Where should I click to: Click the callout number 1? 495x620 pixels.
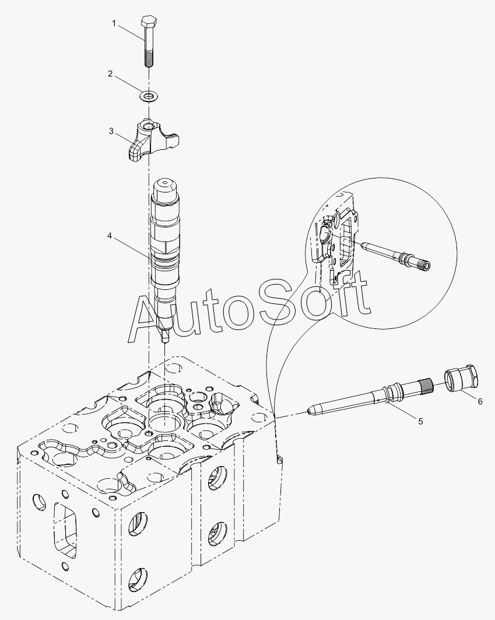[114, 24]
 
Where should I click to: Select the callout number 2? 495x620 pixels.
[110, 73]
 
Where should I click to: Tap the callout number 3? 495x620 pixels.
[111, 131]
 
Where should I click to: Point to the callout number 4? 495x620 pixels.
[110, 236]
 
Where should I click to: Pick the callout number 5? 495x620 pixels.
[421, 422]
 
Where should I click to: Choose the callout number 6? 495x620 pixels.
[480, 402]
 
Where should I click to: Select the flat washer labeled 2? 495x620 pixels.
[148, 96]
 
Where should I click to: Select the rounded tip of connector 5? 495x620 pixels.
[311, 411]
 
